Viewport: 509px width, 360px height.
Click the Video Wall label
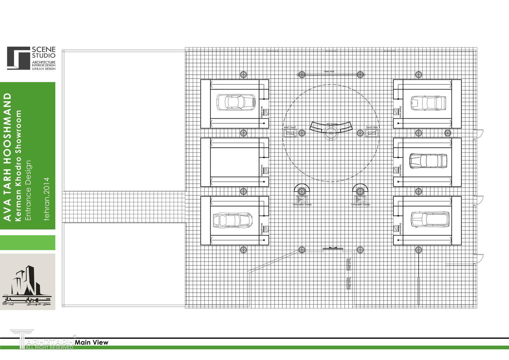click(329, 71)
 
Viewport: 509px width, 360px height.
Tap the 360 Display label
click(332, 124)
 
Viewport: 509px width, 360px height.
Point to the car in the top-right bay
click(428, 103)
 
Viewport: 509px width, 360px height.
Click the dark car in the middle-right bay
click(428, 161)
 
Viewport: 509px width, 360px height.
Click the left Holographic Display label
click(302, 205)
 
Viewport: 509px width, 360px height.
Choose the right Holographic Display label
click(360, 205)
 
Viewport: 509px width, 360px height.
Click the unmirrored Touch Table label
click(372, 127)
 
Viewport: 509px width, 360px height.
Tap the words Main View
click(92, 342)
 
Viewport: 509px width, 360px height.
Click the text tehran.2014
click(46, 199)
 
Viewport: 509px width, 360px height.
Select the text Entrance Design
click(28, 190)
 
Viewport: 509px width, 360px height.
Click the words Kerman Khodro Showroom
click(18, 166)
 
